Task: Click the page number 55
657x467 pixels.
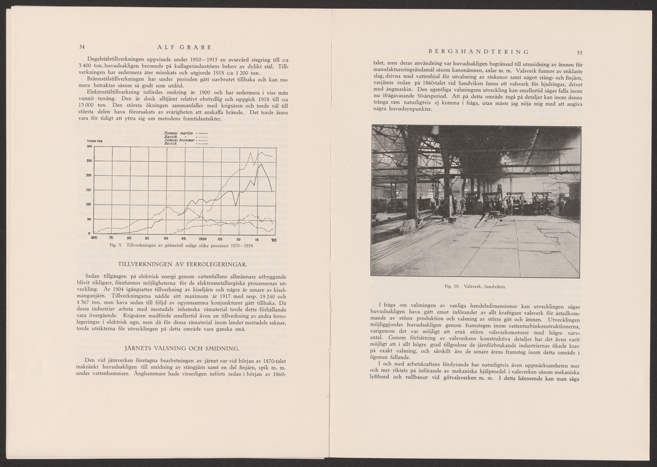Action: pyautogui.click(x=579, y=52)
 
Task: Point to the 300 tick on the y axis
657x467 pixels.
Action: pyautogui.click(x=88, y=146)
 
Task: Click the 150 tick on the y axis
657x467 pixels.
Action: pyautogui.click(x=88, y=190)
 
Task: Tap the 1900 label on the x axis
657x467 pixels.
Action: pyautogui.click(x=202, y=239)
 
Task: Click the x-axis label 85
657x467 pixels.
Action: pyautogui.click(x=147, y=239)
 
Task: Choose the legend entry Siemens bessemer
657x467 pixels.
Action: pyautogui.click(x=177, y=140)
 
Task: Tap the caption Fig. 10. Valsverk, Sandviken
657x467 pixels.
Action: pyautogui.click(x=476, y=286)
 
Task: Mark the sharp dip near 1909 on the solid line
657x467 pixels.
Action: pyautogui.click(x=236, y=205)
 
